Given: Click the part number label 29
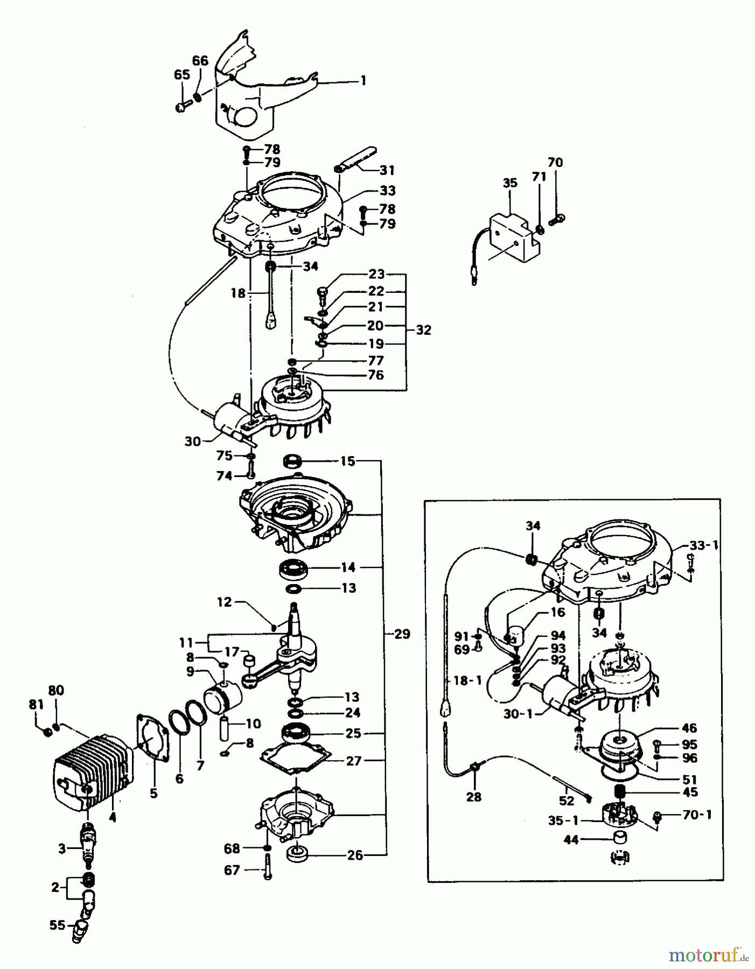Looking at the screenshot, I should [x=402, y=634].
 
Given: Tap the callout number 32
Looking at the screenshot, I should [x=424, y=330].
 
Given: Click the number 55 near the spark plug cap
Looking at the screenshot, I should [x=57, y=925].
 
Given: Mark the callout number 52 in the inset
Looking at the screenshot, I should [x=566, y=801].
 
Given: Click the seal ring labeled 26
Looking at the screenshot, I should [x=295, y=854].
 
